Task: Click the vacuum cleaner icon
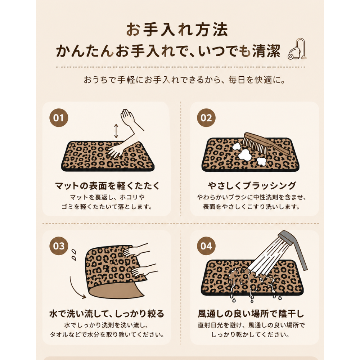[x=297, y=49]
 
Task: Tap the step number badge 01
[x=59, y=118]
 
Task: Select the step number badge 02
[x=206, y=118]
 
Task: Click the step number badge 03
[x=59, y=246]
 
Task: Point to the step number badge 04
[x=206, y=246]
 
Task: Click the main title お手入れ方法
[x=177, y=30]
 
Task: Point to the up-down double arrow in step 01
[x=116, y=131]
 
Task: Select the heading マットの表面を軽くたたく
[x=107, y=185]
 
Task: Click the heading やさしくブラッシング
[x=252, y=185]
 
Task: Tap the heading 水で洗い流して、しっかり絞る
[x=107, y=314]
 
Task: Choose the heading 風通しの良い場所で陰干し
[x=251, y=314]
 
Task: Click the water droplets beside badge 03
[x=74, y=255]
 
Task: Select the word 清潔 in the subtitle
[x=266, y=51]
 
